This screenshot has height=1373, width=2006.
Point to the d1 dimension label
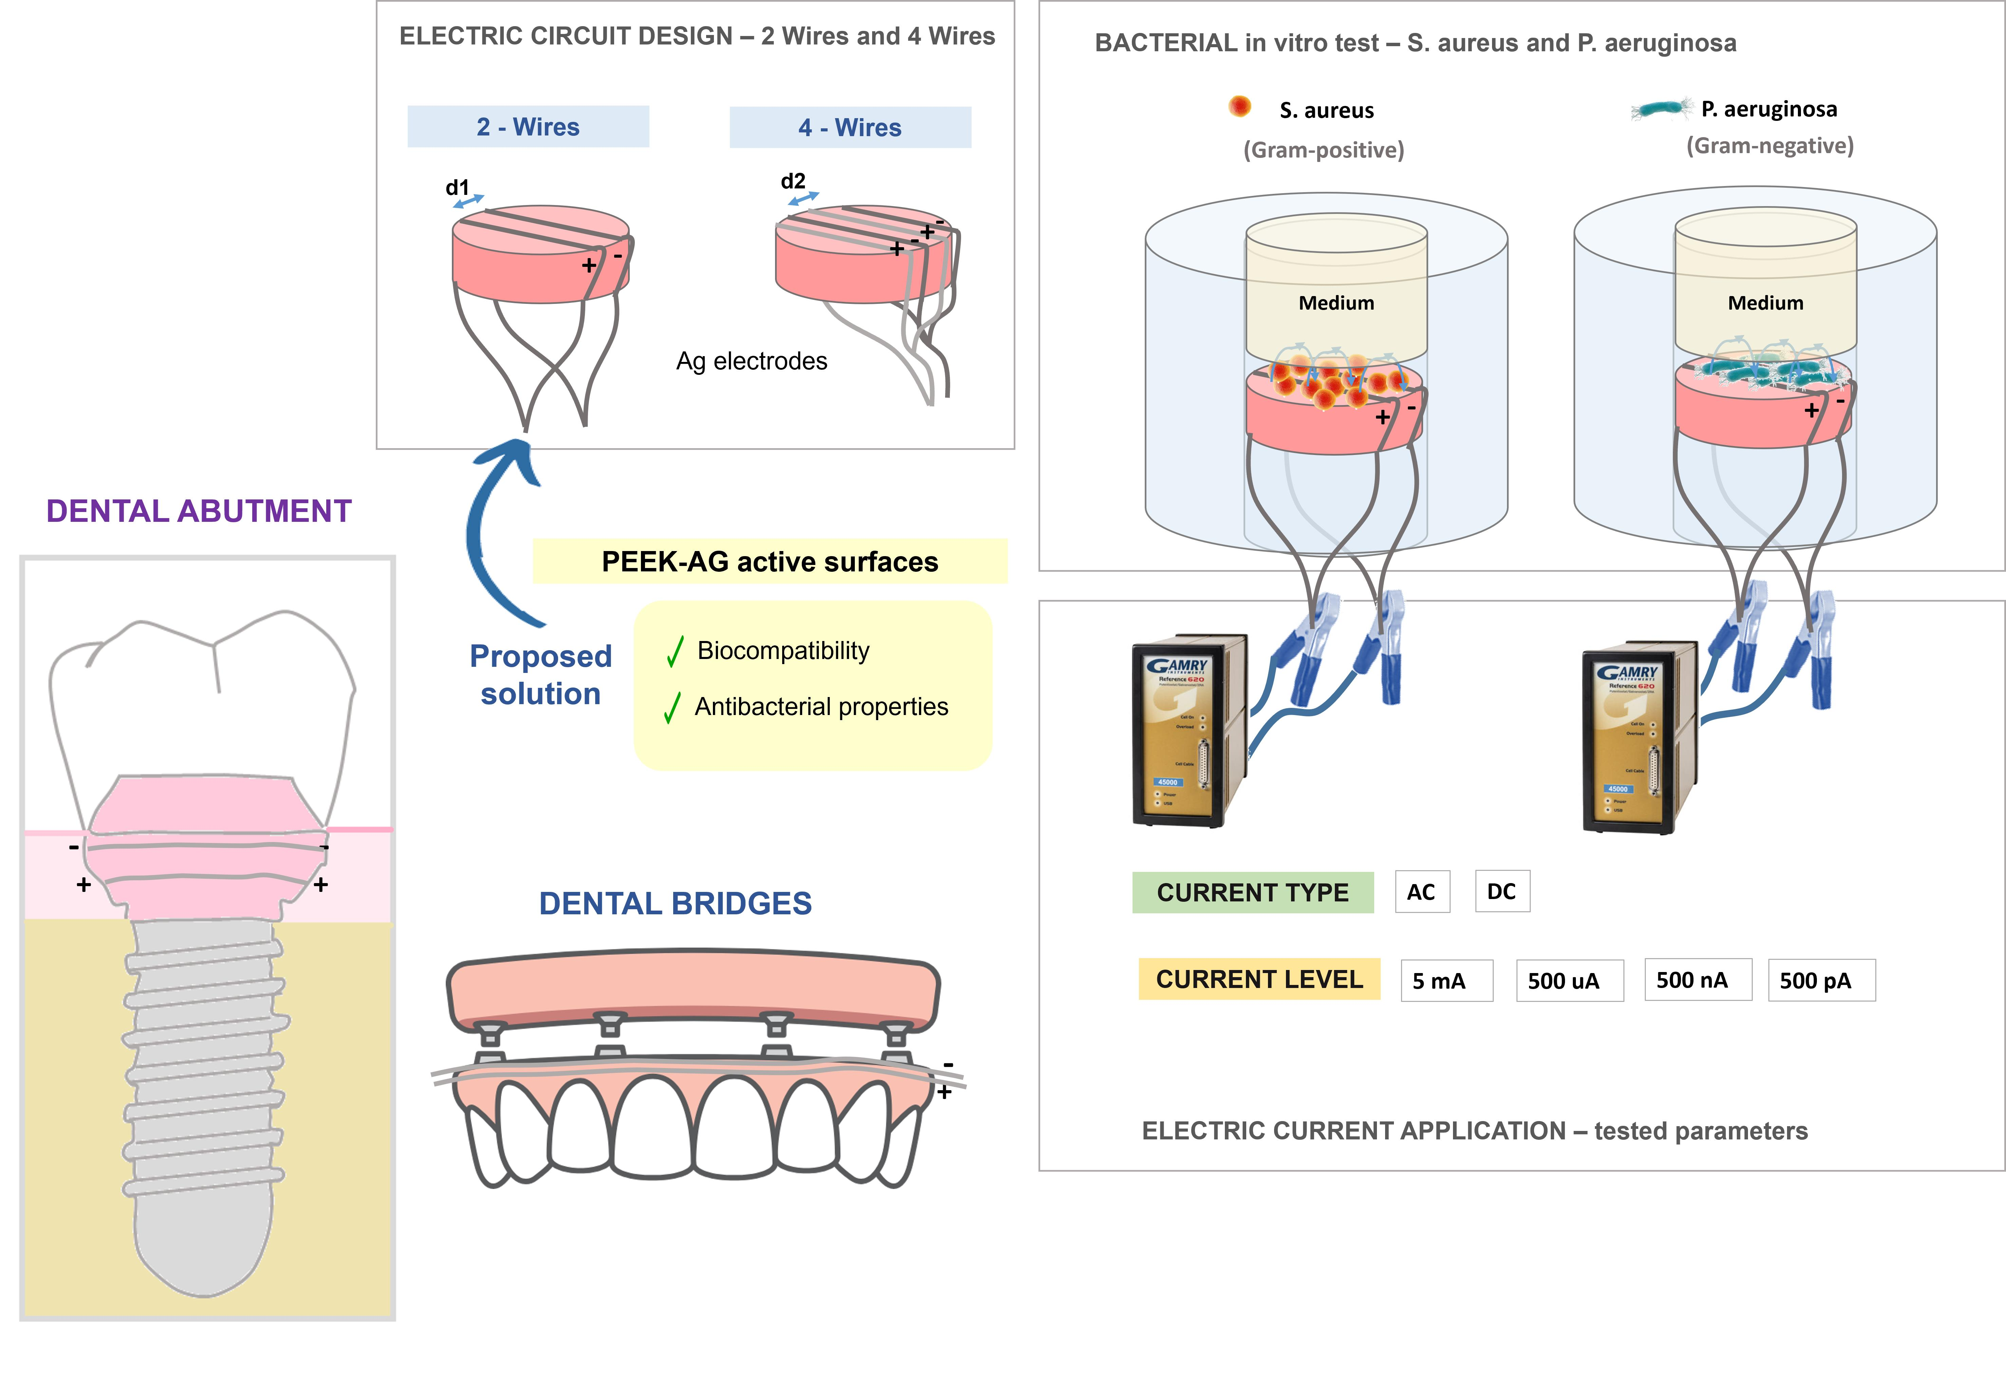pyautogui.click(x=458, y=187)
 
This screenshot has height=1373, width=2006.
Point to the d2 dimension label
pyautogui.click(x=792, y=181)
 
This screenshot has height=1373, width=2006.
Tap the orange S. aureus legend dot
pyautogui.click(x=1239, y=106)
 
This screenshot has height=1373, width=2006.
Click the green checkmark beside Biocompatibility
pyautogui.click(x=674, y=652)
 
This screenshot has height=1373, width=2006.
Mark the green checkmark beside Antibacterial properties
pyautogui.click(x=671, y=708)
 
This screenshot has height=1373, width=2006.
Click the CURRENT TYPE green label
pyautogui.click(x=1252, y=892)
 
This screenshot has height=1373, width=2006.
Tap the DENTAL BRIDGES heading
pyautogui.click(x=675, y=903)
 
